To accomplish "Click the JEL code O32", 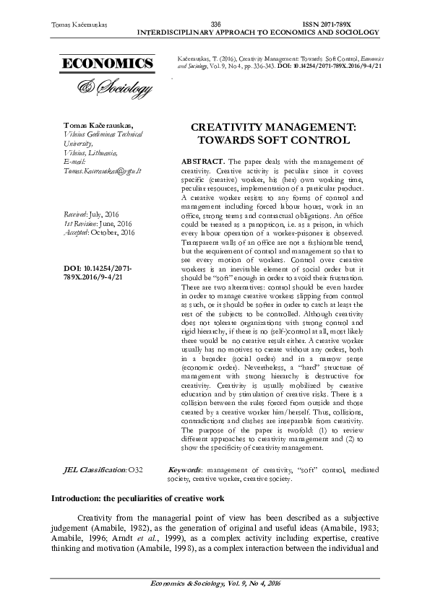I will pyautogui.click(x=135, y=470).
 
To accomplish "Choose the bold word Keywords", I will pyautogui.click(x=185, y=470).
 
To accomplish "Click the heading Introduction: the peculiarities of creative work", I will pyautogui.click(x=137, y=498).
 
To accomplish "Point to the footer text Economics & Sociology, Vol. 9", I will pyautogui.click(x=215, y=583).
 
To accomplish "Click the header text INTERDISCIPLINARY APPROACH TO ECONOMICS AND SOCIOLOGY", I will pyautogui.click(x=258, y=32).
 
